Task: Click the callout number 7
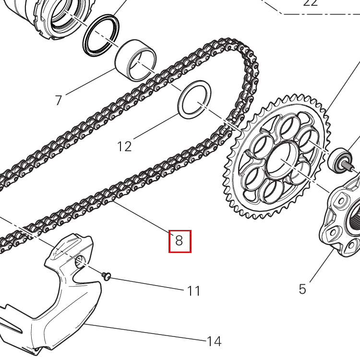point(59,100)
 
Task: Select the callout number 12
point(124,146)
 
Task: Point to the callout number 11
point(193,291)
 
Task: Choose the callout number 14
point(214,341)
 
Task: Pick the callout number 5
point(302,289)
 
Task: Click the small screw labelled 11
point(107,276)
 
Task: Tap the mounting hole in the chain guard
point(80,261)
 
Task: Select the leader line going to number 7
point(91,82)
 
